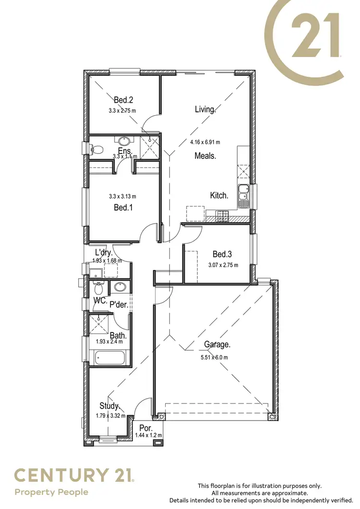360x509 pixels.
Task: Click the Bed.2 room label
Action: coord(123,100)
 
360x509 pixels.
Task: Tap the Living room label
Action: coord(205,109)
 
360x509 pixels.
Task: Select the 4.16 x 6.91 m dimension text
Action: coord(205,142)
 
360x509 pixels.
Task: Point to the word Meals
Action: coord(205,155)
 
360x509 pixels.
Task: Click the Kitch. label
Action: coord(219,195)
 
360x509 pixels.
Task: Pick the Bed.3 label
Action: coord(223,254)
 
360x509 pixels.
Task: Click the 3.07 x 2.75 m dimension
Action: coord(223,265)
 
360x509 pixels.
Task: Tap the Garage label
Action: coord(217,344)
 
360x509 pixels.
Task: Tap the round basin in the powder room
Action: coord(119,288)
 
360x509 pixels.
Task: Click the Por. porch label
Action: coord(145,428)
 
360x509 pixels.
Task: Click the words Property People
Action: coord(51,492)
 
